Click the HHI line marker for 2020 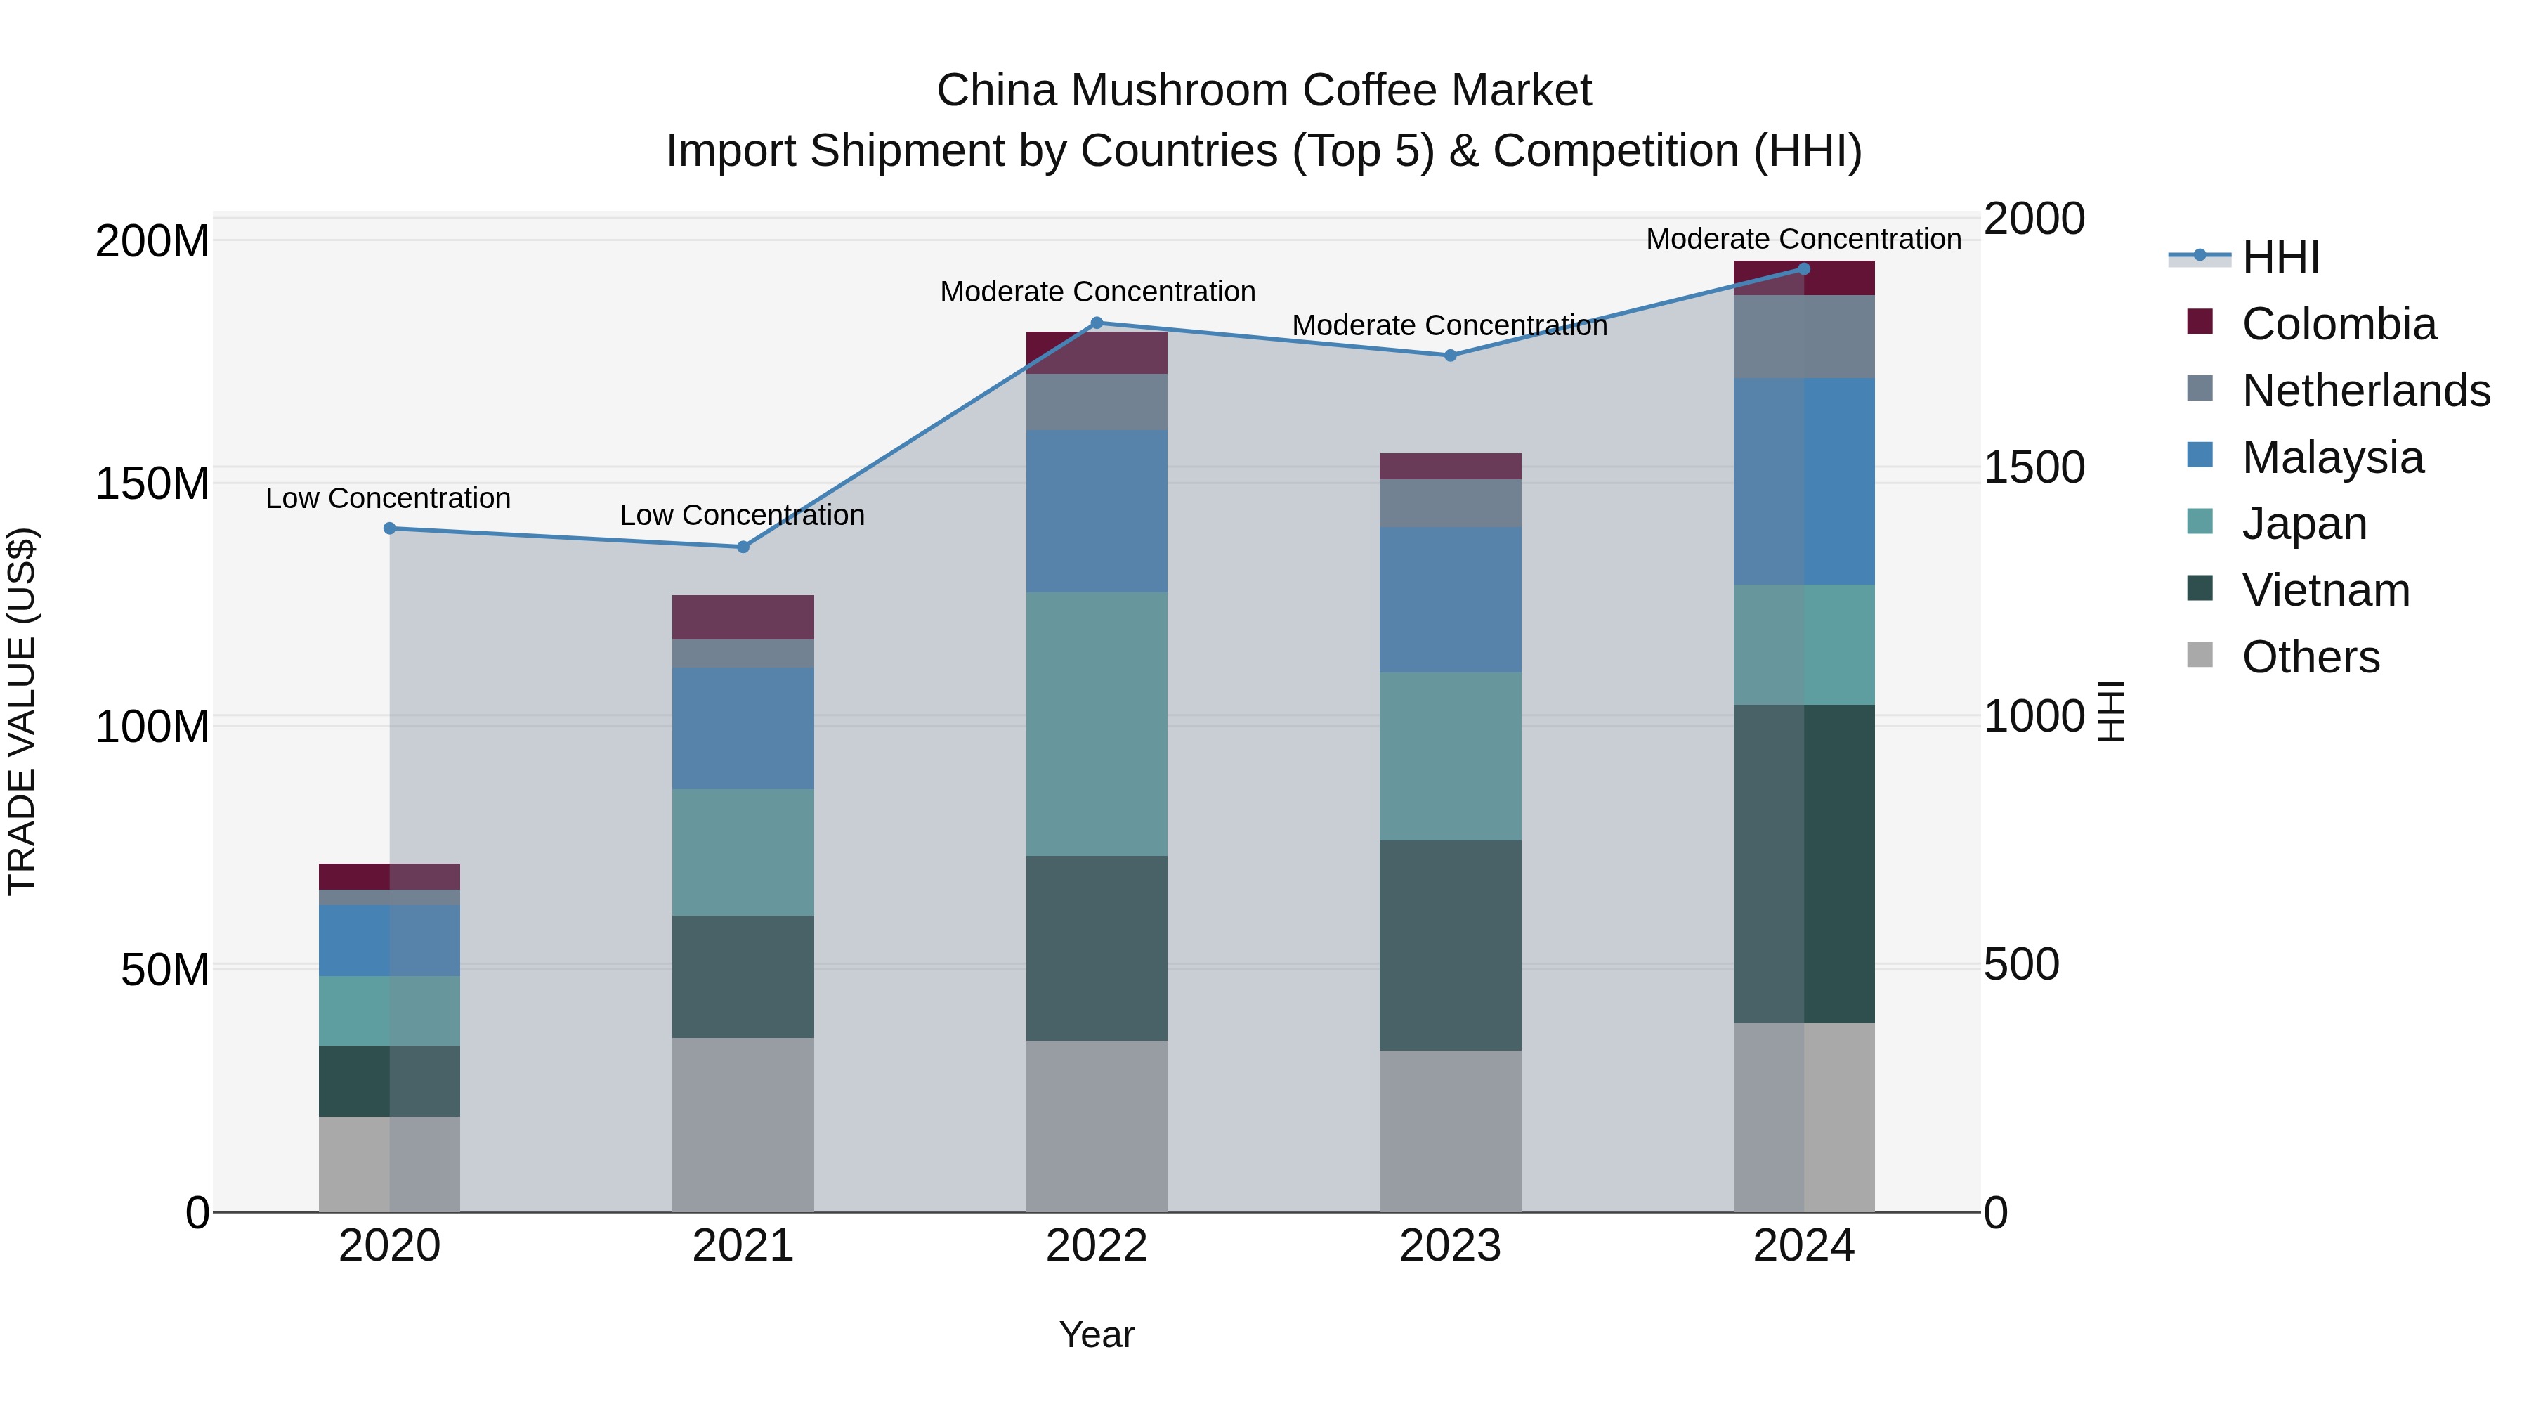(390, 528)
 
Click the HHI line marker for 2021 (743, 547)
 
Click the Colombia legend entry (2337, 324)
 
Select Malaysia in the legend (2332, 457)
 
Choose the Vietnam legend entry (2325, 590)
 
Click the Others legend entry (2310, 657)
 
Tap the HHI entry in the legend (2280, 257)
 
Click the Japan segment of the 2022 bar (1097, 724)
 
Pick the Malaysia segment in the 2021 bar (743, 729)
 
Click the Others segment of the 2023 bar (1450, 1131)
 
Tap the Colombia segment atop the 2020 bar (390, 876)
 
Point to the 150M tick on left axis (152, 484)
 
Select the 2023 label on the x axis (1450, 1246)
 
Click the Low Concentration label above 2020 (388, 498)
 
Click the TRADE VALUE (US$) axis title (22, 711)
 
